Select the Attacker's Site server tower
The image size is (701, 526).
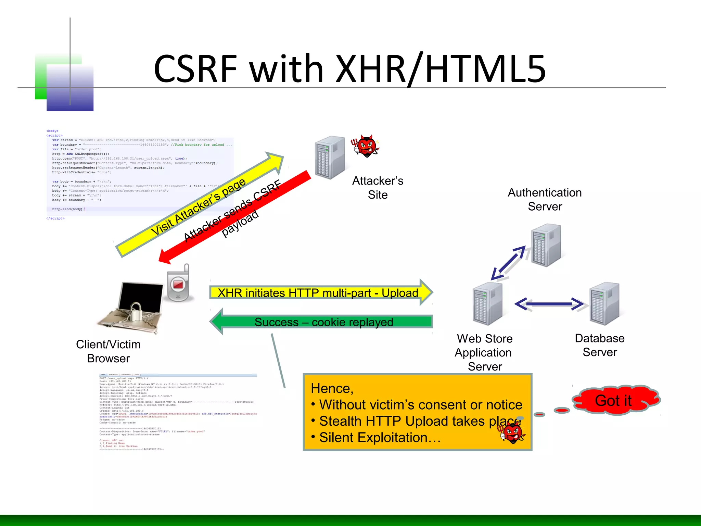329,158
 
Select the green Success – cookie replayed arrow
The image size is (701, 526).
322,322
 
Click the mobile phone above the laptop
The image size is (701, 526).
178,284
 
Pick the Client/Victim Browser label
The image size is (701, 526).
108,351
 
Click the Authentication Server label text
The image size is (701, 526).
545,199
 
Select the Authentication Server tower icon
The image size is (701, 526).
546,245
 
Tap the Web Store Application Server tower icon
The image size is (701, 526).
487,304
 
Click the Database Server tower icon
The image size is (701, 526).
604,304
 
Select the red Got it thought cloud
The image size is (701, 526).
614,400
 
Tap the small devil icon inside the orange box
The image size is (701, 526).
513,433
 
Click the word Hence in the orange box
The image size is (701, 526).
331,389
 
